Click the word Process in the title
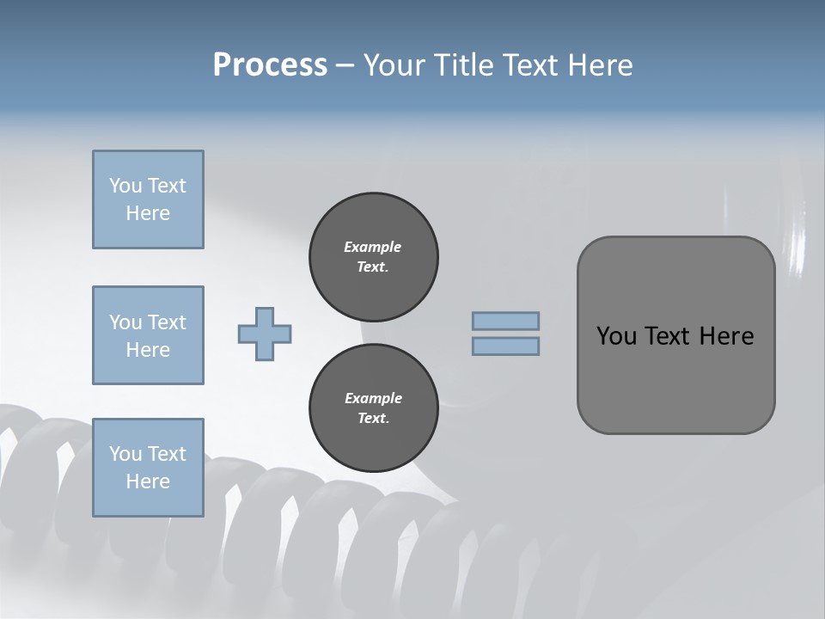pyautogui.click(x=270, y=65)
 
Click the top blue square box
pyautogui.click(x=148, y=199)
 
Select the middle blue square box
pyautogui.click(x=148, y=335)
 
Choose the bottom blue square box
pyautogui.click(x=148, y=468)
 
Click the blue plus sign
pyautogui.click(x=265, y=334)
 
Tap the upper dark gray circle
pyautogui.click(x=373, y=257)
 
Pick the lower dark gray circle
pyautogui.click(x=373, y=408)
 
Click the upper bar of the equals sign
pyautogui.click(x=505, y=322)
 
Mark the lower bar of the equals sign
pyautogui.click(x=505, y=346)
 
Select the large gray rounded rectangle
pyautogui.click(x=675, y=335)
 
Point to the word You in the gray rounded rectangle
pyautogui.click(x=615, y=336)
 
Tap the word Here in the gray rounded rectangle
pyautogui.click(x=726, y=336)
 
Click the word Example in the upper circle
pyautogui.click(x=373, y=247)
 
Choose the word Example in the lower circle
pyautogui.click(x=373, y=398)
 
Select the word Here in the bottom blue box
pyautogui.click(x=148, y=481)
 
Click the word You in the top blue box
pyautogui.click(x=125, y=186)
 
